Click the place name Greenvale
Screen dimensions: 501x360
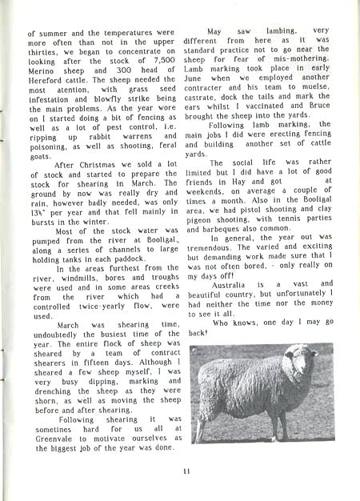(x=50, y=436)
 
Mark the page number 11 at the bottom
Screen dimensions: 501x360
(x=185, y=471)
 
